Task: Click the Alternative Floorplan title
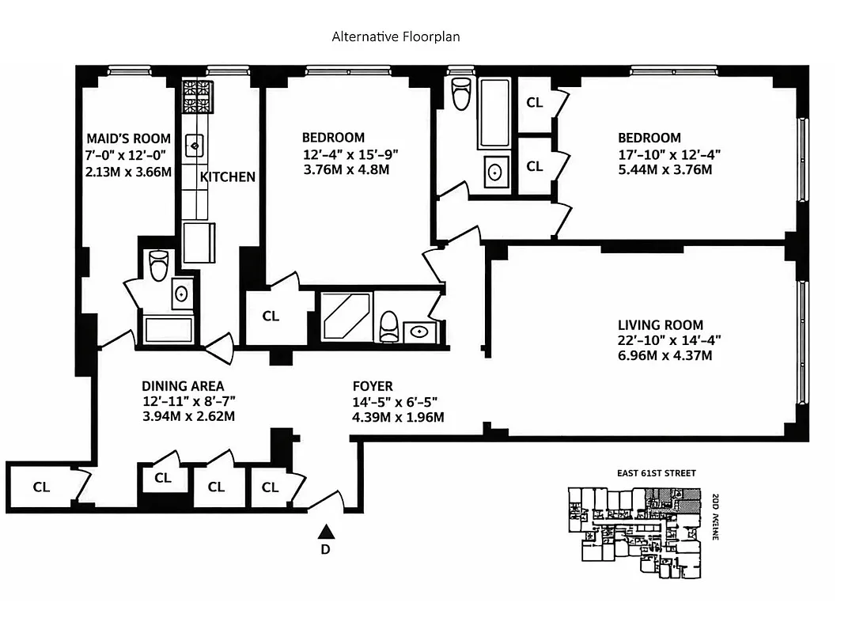(396, 36)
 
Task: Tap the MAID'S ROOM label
(128, 138)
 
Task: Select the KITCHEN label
(227, 176)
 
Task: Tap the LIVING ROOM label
(660, 324)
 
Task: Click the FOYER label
(372, 386)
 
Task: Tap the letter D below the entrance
(325, 550)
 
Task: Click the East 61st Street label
(657, 473)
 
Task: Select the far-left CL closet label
(41, 487)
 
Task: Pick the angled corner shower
(345, 316)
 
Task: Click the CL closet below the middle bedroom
(271, 316)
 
